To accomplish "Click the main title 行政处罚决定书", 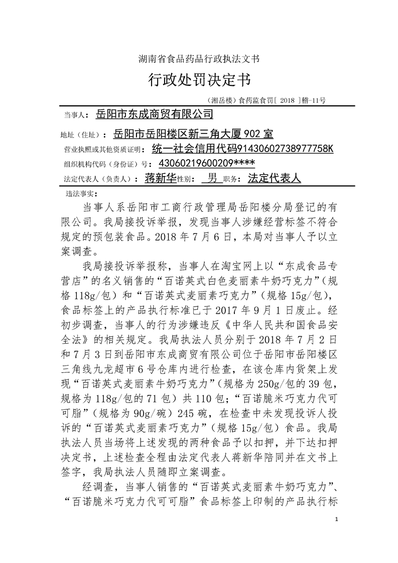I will pos(198,80).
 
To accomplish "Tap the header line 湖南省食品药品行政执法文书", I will pos(198,59).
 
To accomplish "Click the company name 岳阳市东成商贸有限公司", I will pos(154,115).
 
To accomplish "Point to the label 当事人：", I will pos(76,116).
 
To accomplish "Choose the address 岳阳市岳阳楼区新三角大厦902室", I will pos(194,134).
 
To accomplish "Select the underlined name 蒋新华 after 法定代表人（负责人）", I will pos(160,178).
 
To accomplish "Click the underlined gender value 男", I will pos(212,178).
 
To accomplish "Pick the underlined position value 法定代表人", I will pos(274,178).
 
